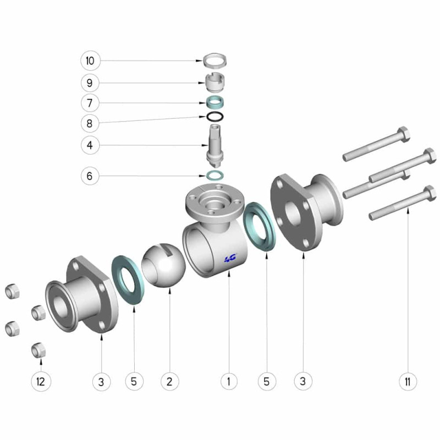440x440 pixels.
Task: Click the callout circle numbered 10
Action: (x=90, y=61)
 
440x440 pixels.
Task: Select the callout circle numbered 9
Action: (x=90, y=83)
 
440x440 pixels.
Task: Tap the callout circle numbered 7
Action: (x=90, y=103)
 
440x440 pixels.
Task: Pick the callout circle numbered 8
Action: (x=90, y=123)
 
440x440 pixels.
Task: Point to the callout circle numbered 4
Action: (x=90, y=145)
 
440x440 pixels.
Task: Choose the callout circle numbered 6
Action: (x=90, y=176)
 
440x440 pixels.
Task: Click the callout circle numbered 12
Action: (x=41, y=382)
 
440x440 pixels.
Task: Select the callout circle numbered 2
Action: (x=169, y=381)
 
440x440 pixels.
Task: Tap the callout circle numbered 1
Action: (x=229, y=381)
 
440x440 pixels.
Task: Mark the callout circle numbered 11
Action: (x=408, y=381)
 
